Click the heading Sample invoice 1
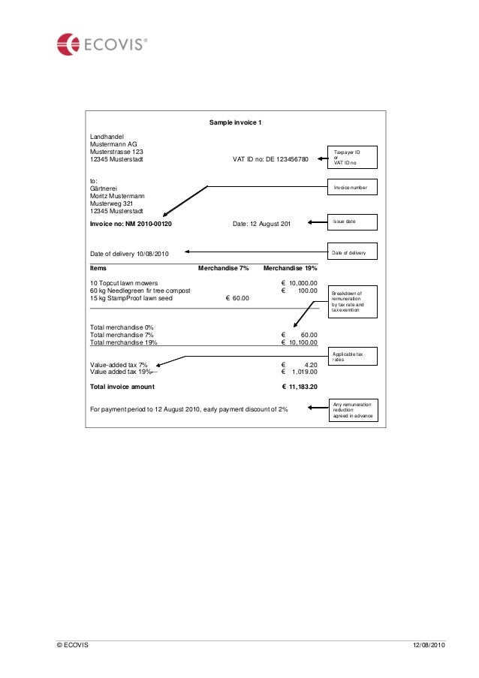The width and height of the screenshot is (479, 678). tap(235, 122)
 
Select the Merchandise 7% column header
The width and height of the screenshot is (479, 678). tap(223, 268)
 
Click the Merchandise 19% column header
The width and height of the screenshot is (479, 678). tap(291, 268)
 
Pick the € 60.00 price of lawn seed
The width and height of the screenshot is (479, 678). tap(237, 299)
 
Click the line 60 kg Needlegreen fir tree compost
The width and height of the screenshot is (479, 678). tap(140, 291)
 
